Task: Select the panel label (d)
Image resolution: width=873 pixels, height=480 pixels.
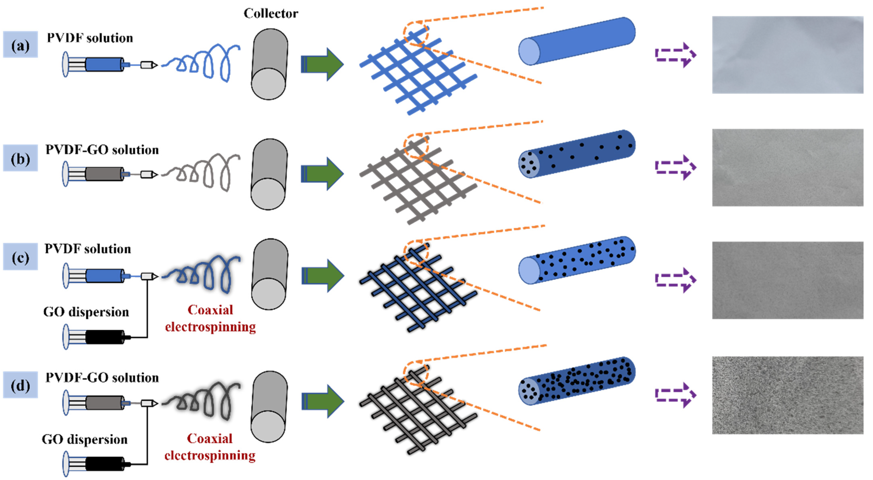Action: point(20,385)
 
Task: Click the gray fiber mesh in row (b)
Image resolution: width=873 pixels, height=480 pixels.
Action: point(419,181)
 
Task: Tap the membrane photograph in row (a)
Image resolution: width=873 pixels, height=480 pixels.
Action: point(787,55)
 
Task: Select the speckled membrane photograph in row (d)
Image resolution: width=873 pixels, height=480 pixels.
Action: point(787,395)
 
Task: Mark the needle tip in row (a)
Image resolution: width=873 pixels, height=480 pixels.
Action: point(149,64)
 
